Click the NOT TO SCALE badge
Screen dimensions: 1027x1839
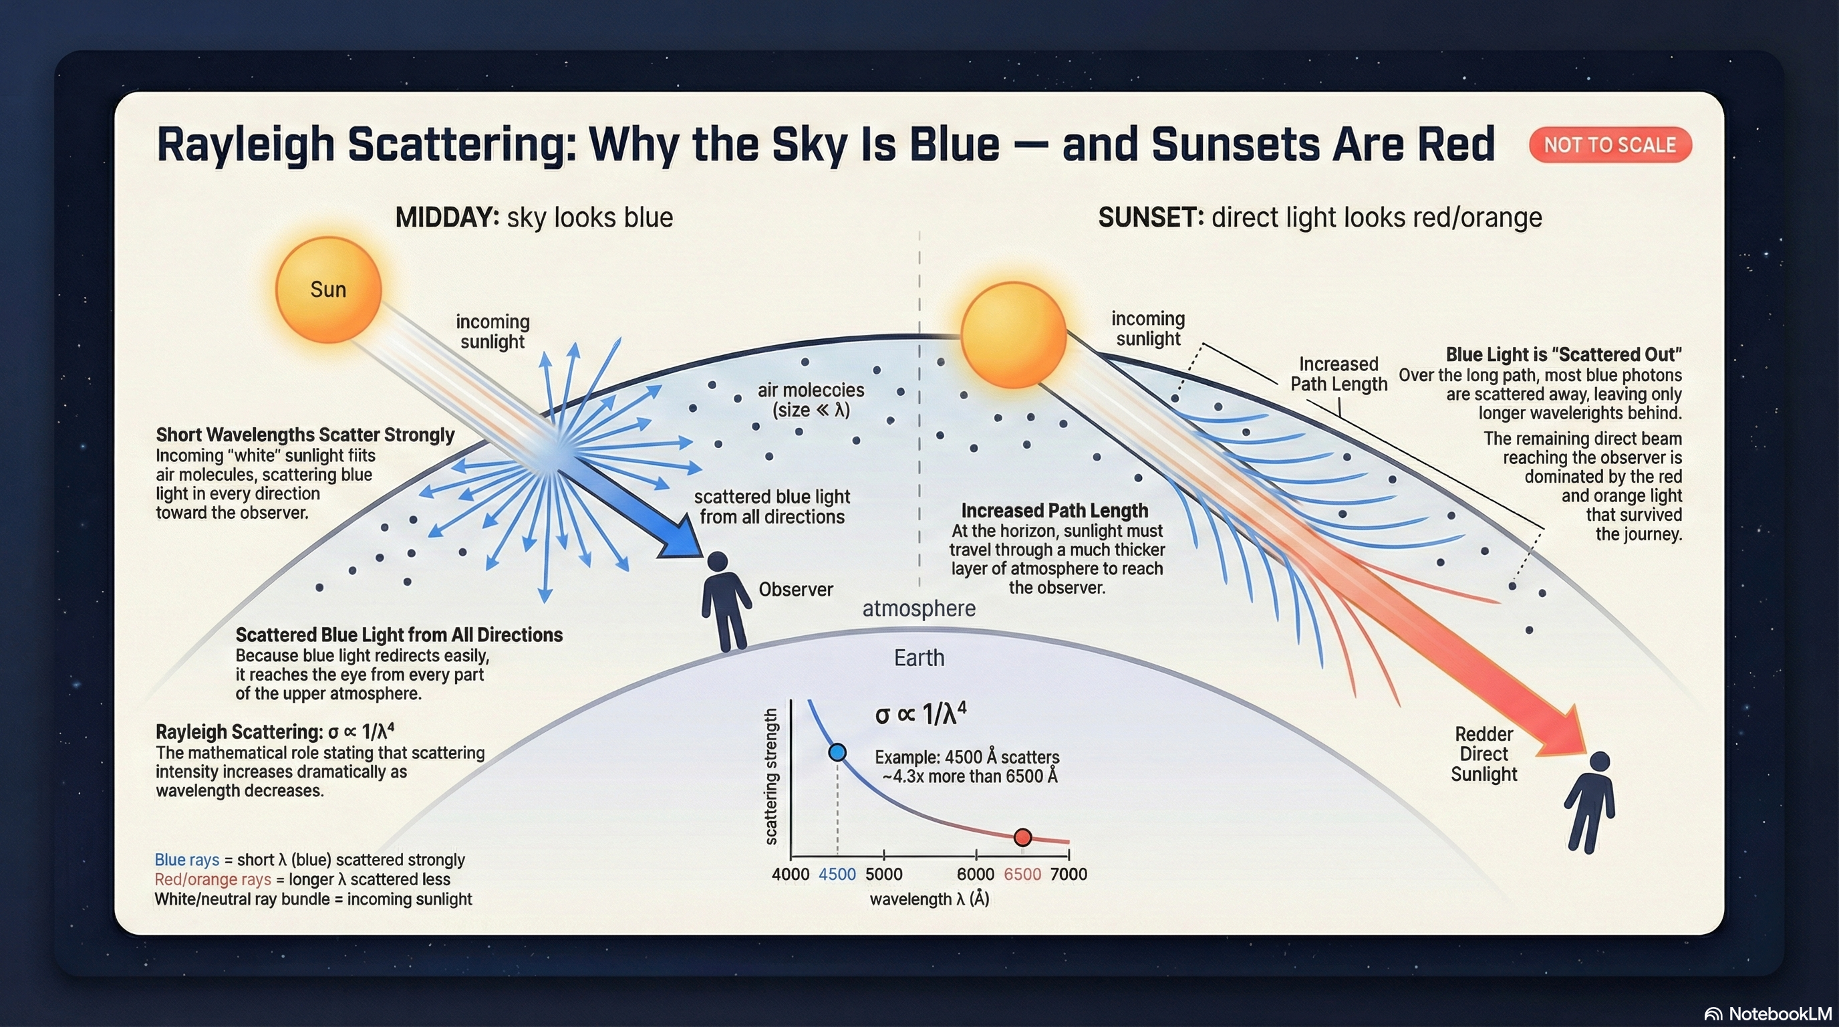tap(1610, 145)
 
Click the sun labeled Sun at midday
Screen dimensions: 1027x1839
tap(328, 290)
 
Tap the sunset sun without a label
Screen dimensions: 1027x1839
tap(1013, 335)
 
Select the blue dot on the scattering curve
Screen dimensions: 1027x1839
tap(837, 752)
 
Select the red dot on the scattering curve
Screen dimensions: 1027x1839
tap(1022, 837)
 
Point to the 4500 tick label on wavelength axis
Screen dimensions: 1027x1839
tap(837, 874)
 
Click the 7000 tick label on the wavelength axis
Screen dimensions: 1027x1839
tap(1069, 874)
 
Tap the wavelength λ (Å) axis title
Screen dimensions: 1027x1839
tap(929, 899)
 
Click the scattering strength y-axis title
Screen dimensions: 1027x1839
tap(771, 777)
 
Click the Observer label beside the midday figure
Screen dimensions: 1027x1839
tap(795, 589)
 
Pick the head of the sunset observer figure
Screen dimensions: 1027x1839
tap(1600, 762)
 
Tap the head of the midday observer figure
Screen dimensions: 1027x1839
tap(717, 562)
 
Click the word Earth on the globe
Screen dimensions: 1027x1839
tap(919, 658)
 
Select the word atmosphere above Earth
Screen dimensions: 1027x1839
tap(919, 608)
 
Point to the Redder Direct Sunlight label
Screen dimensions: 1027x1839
tap(1483, 754)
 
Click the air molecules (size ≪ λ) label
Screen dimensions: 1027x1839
tap(811, 400)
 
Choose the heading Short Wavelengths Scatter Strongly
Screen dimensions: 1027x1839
tap(305, 435)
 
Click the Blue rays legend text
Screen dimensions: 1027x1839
tap(187, 860)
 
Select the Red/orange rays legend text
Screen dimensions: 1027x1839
tap(213, 879)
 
